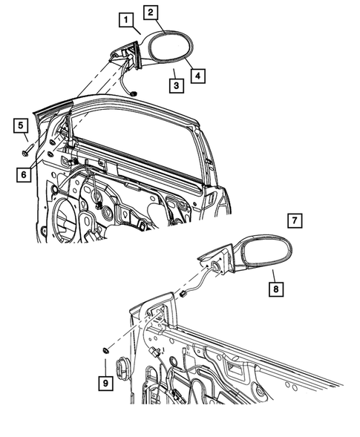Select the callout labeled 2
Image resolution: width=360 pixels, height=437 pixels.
151,12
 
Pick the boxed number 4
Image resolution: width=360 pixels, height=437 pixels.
197,76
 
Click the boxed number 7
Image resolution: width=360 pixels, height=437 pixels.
295,220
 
